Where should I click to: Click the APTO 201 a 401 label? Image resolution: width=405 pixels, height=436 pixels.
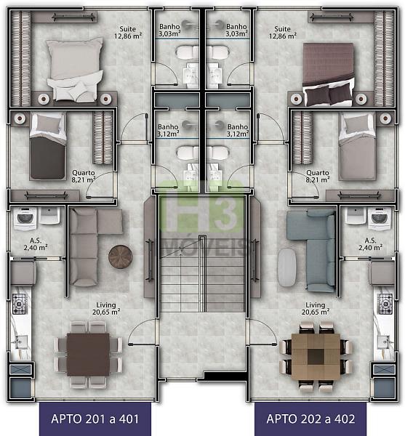(x=95, y=419)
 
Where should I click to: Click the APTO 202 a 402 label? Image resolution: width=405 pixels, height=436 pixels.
(x=310, y=419)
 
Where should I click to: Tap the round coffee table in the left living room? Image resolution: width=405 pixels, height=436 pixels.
(x=121, y=257)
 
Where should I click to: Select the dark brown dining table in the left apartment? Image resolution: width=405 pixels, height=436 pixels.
(x=88, y=355)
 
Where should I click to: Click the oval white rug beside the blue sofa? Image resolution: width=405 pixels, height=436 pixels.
(x=286, y=267)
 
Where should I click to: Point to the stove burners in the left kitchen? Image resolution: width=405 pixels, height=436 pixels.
(x=19, y=304)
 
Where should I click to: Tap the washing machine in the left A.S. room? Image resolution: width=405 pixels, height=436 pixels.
(x=25, y=219)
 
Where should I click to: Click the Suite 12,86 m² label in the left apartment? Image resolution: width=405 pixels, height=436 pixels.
(x=128, y=32)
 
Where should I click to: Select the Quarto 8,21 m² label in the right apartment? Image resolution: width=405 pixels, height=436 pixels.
(x=317, y=177)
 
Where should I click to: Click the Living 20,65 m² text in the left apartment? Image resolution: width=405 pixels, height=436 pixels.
(x=106, y=309)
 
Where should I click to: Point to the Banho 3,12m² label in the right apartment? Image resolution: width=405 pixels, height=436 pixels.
(x=237, y=130)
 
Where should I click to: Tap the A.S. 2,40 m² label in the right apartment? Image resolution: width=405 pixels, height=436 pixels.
(x=370, y=244)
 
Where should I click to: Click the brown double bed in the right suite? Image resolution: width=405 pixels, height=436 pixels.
(x=329, y=75)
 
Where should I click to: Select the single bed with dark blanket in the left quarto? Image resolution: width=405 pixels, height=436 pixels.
(x=48, y=147)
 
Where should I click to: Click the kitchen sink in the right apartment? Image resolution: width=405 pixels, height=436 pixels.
(x=385, y=342)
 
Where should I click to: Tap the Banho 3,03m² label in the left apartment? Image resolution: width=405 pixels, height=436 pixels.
(x=169, y=30)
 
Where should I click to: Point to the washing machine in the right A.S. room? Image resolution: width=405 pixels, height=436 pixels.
(x=379, y=219)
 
